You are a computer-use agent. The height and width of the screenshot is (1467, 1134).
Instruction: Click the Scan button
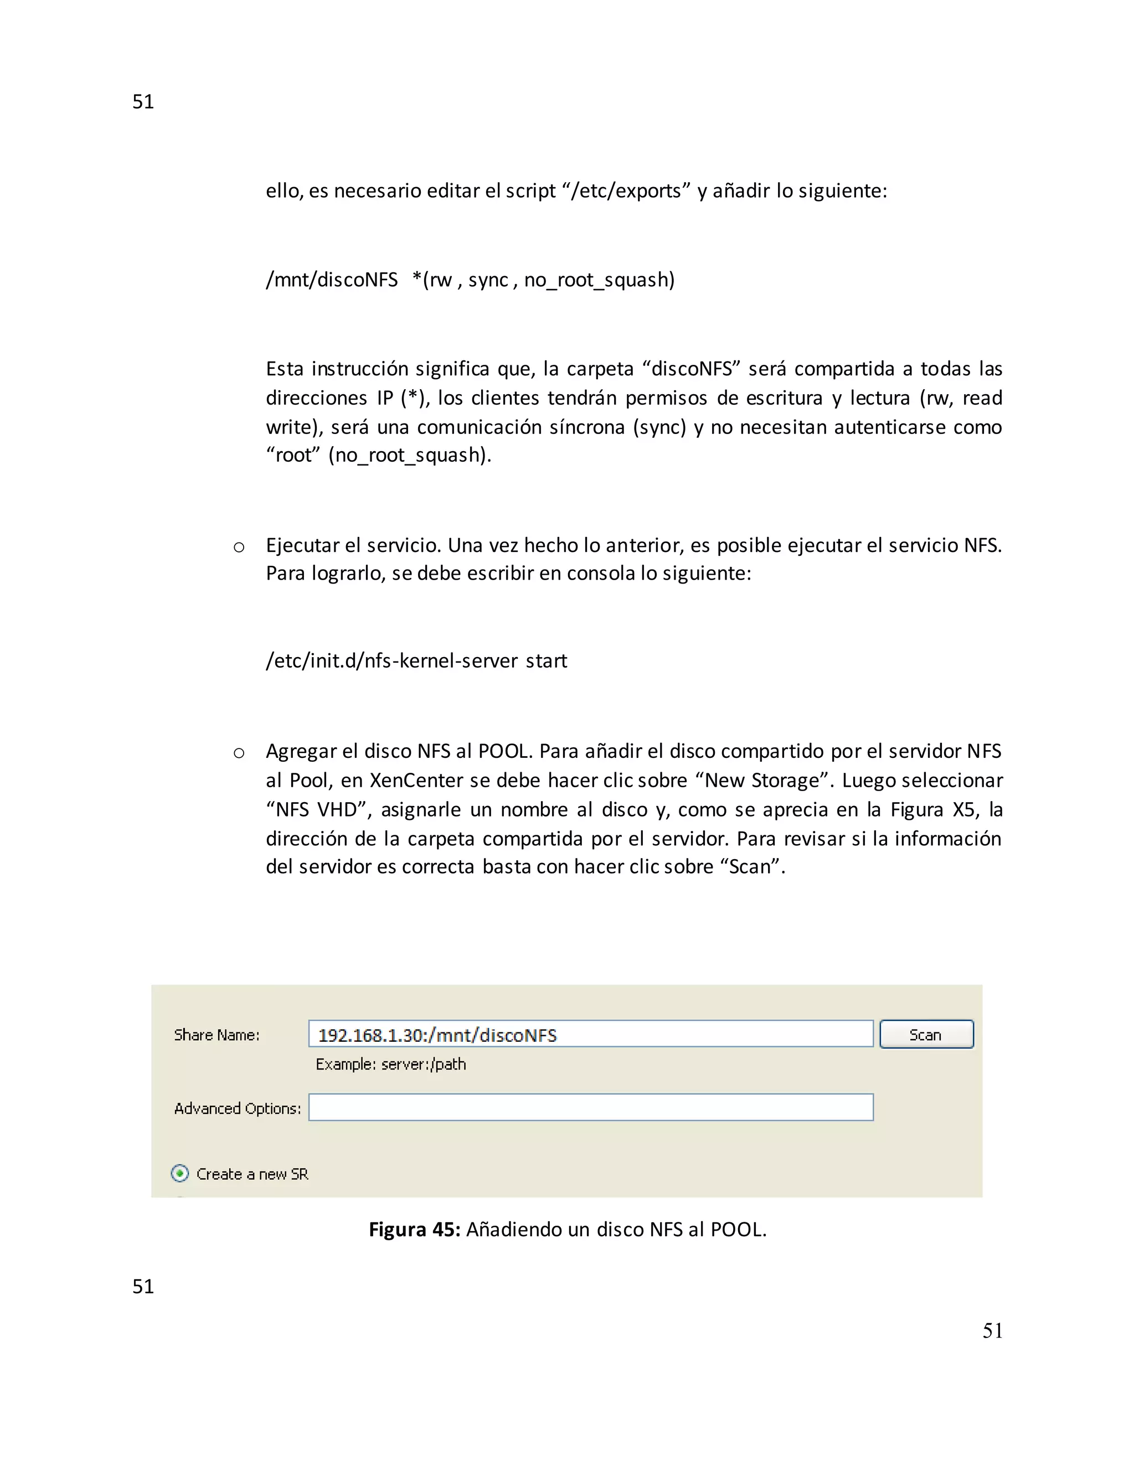(x=926, y=1035)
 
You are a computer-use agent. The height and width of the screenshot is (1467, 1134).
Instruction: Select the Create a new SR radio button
(x=180, y=1174)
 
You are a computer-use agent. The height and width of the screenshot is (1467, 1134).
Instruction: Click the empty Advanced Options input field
(x=590, y=1107)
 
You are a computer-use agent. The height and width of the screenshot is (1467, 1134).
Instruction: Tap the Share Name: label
(x=217, y=1035)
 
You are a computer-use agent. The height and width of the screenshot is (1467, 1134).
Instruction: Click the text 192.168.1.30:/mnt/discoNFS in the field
(x=437, y=1035)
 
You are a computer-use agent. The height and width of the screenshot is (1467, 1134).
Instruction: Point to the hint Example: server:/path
(x=390, y=1064)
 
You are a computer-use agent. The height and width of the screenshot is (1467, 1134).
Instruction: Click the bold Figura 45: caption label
(x=414, y=1229)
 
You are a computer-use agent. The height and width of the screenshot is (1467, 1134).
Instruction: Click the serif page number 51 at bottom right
(x=992, y=1331)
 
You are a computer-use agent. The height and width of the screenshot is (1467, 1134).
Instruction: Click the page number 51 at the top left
(x=143, y=101)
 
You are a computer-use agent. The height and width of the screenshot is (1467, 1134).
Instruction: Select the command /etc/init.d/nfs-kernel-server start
(x=416, y=661)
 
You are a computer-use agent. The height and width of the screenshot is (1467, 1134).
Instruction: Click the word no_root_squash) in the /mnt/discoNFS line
(x=599, y=280)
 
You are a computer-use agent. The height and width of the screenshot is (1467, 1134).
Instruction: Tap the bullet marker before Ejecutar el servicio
(x=239, y=547)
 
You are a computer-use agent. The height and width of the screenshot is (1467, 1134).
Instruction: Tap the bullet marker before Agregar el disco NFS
(x=239, y=753)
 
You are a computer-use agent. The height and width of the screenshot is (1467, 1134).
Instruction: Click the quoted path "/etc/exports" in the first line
(x=626, y=191)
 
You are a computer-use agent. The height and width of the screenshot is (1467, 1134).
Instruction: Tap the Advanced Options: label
(x=237, y=1108)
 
